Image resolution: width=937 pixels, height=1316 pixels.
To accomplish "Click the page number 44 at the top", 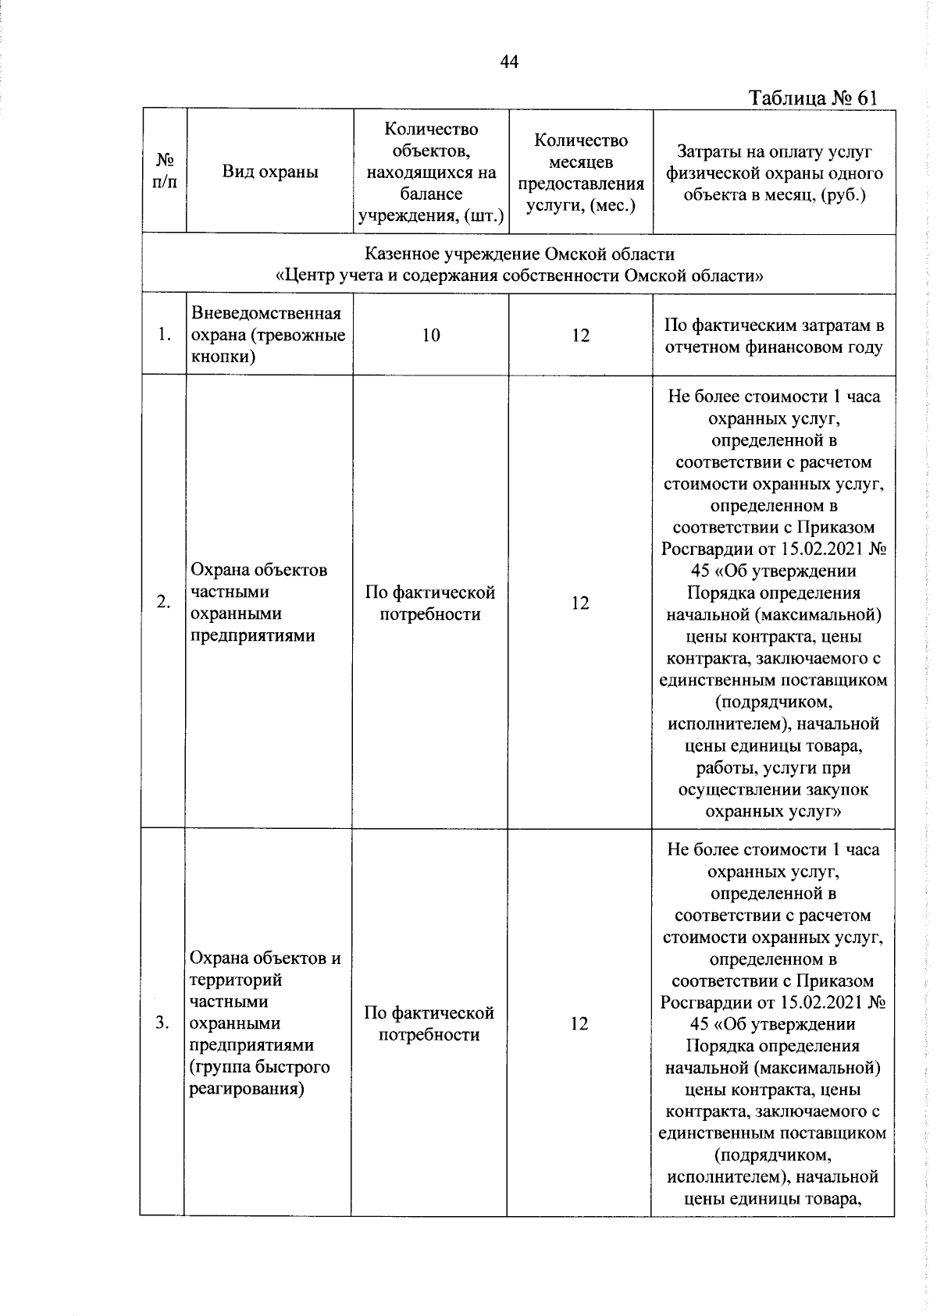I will click(x=509, y=62).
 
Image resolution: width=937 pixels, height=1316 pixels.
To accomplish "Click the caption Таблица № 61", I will click(x=812, y=98).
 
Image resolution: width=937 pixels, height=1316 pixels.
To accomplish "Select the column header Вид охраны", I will click(x=270, y=172).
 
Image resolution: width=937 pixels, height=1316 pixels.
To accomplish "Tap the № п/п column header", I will click(x=165, y=172).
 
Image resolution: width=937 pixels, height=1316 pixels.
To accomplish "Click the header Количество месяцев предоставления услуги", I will click(x=580, y=173).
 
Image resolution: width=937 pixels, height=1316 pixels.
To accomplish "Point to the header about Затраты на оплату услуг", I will click(x=774, y=173).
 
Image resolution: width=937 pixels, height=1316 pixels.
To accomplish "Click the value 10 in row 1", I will click(x=430, y=336).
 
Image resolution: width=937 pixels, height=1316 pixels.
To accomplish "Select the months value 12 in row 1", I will click(x=580, y=336).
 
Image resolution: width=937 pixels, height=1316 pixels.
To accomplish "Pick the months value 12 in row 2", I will click(x=579, y=603).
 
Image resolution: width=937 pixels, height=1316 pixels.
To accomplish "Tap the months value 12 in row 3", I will click(x=579, y=1023).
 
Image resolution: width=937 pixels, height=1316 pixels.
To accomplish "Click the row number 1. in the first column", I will click(x=164, y=336).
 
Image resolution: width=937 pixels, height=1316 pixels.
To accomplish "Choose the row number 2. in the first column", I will click(x=163, y=603).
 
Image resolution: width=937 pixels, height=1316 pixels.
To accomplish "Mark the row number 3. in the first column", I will click(x=162, y=1023).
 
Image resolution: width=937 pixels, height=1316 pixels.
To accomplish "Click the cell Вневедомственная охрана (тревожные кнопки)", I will click(x=269, y=336).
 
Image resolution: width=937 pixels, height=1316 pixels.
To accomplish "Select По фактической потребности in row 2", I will click(x=430, y=603).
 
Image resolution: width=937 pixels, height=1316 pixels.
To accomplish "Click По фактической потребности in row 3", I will click(x=429, y=1024).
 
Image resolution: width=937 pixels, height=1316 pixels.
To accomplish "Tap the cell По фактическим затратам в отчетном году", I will click(x=774, y=336).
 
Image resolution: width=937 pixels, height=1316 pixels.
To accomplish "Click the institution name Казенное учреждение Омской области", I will click(x=519, y=254).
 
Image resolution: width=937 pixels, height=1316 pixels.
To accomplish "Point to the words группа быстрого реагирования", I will click(x=259, y=1078).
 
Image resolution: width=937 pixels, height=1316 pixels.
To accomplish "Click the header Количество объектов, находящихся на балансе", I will click(x=430, y=173).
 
